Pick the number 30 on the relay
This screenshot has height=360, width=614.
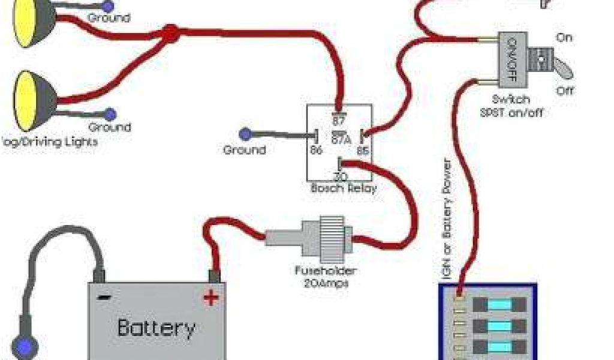[340, 176]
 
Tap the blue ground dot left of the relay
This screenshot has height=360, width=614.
[245, 133]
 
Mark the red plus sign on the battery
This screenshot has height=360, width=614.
[210, 296]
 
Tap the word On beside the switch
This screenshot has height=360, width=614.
[564, 37]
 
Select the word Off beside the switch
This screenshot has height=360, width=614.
[564, 91]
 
